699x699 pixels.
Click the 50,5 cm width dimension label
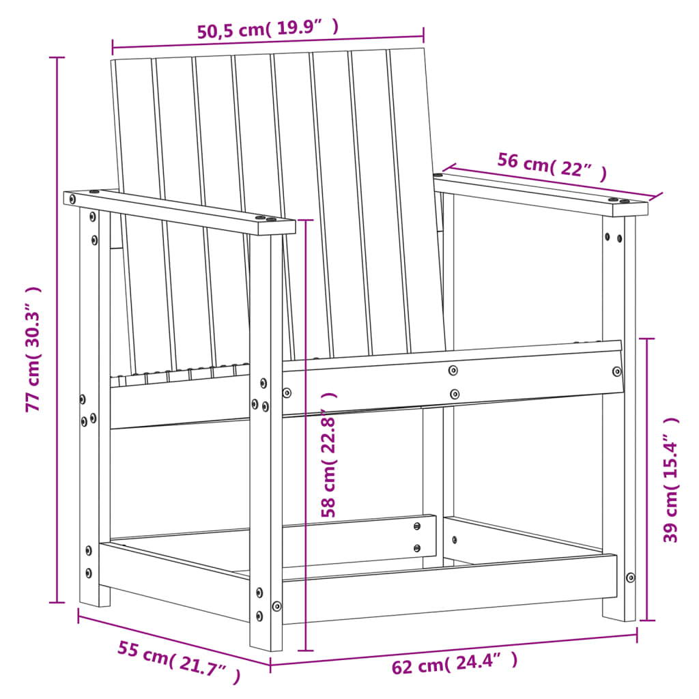[268, 29]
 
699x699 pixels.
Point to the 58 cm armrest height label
[329, 454]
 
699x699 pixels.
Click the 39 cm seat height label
[672, 480]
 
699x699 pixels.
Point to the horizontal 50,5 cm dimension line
[268, 43]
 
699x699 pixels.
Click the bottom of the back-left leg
[95, 597]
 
